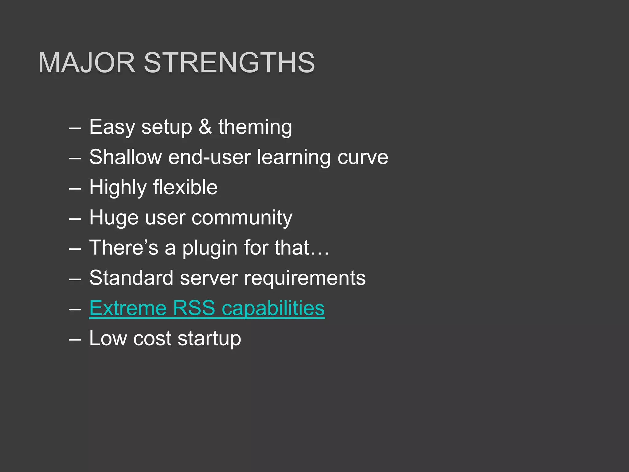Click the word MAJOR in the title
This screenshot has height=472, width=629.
tap(87, 63)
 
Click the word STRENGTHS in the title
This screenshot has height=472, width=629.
tap(229, 63)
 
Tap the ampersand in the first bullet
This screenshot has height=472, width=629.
tap(205, 127)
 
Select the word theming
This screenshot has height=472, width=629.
tap(255, 127)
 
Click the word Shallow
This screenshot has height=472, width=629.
tap(125, 157)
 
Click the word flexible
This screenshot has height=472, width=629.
tap(185, 187)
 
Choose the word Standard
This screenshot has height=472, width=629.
tap(131, 278)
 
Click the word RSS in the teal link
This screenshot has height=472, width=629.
tap(194, 308)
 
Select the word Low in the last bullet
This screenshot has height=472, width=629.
tap(108, 338)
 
